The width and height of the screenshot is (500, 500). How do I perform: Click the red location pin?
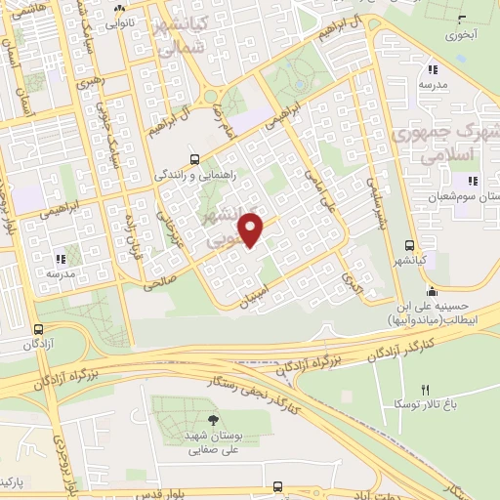252,229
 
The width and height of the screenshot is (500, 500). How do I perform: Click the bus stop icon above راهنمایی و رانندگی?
195,159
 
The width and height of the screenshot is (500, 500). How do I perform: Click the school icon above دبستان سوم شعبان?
472,181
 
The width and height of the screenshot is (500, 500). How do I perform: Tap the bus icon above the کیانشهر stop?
409,245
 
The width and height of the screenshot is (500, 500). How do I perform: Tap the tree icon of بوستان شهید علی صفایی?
213,421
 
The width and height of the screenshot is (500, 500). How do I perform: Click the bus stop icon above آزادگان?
38,329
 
